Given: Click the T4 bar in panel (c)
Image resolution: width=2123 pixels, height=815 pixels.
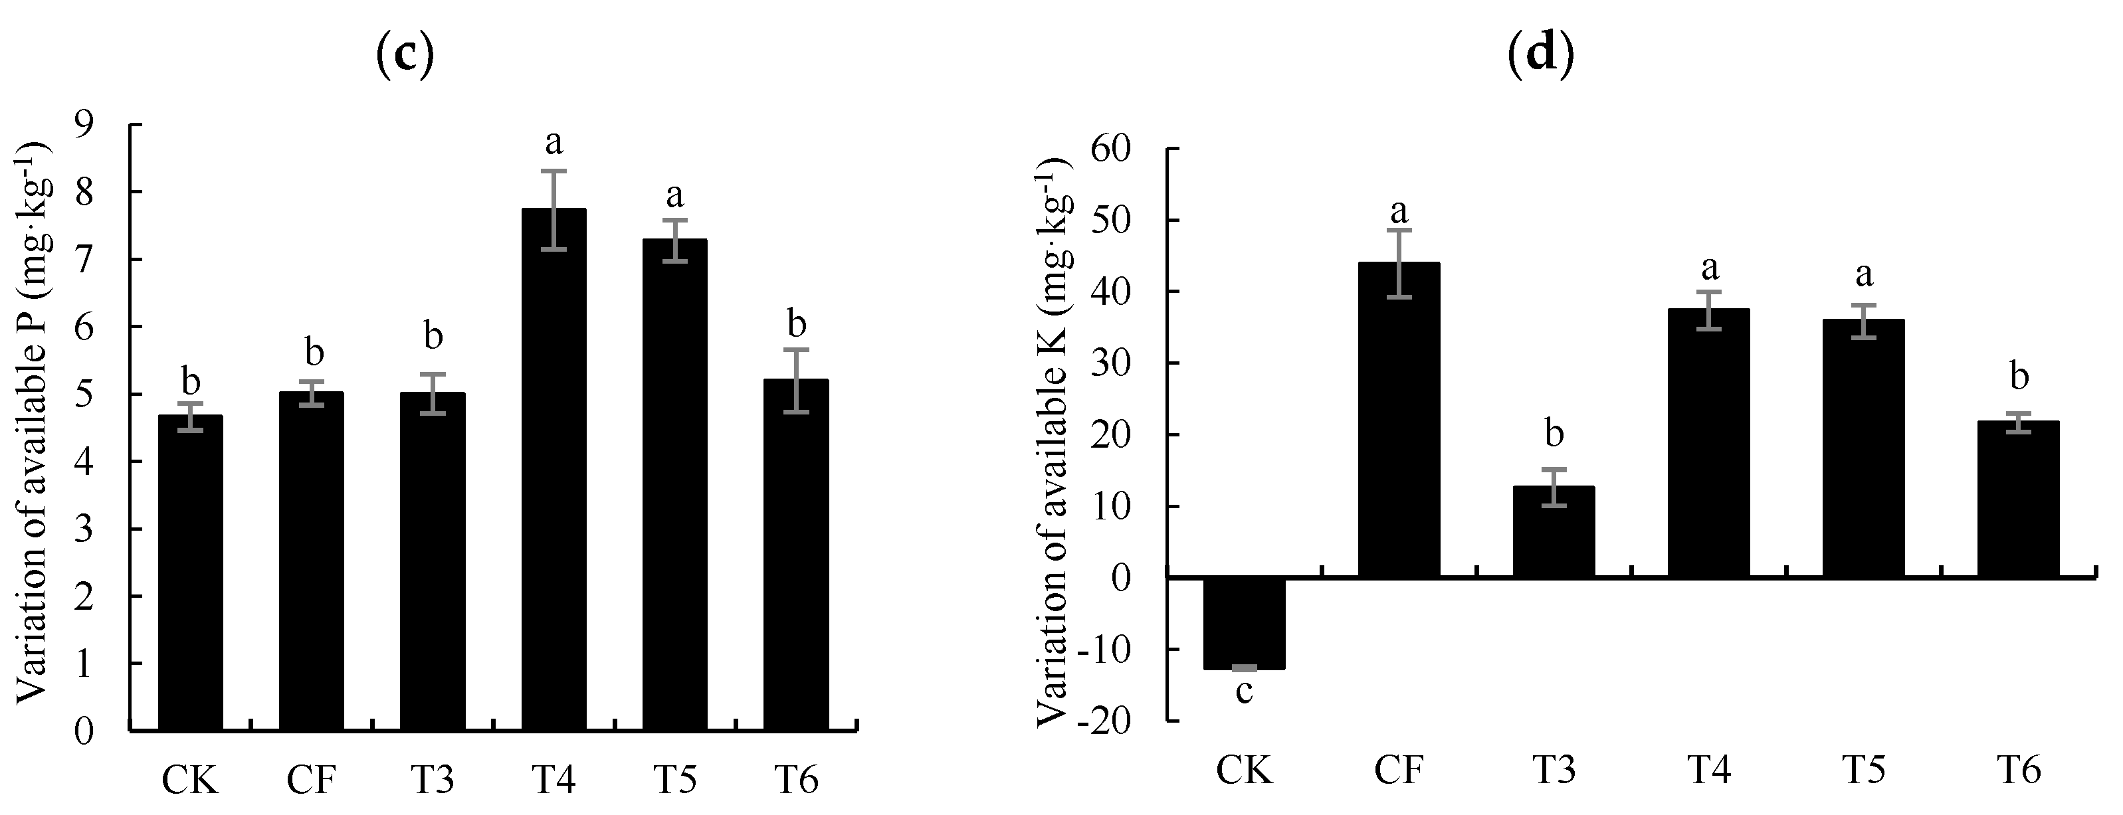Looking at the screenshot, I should [x=554, y=470].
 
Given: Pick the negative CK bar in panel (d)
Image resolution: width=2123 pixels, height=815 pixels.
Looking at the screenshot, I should [x=1245, y=623].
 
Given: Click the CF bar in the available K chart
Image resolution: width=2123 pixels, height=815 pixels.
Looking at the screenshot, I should [x=1399, y=420].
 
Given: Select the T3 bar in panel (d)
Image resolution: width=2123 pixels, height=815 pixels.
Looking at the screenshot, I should [x=1554, y=531].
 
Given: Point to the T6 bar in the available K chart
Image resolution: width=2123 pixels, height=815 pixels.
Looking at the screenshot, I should [x=2018, y=499].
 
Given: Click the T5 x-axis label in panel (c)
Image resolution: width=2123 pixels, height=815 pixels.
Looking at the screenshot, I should [x=675, y=778].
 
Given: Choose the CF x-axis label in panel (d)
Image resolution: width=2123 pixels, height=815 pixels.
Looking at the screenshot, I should [x=1399, y=770].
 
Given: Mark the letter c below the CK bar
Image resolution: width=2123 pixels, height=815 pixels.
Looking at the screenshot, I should [x=1245, y=691].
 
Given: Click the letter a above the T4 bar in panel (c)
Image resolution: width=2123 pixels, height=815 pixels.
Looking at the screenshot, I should [x=554, y=143].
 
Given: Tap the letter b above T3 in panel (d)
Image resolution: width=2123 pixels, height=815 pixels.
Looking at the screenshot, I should [x=1554, y=434].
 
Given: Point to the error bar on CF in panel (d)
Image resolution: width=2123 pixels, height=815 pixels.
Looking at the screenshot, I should [x=1399, y=263].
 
